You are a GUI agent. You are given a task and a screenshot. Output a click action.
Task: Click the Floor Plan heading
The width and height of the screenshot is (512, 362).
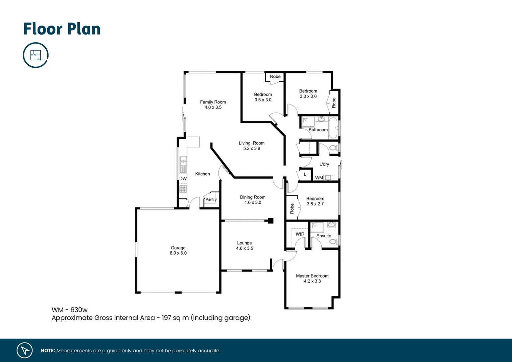(x=62, y=29)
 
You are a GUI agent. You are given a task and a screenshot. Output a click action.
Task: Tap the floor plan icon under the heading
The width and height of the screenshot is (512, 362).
(x=36, y=55)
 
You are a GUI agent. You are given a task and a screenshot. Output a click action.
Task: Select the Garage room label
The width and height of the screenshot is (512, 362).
(x=178, y=248)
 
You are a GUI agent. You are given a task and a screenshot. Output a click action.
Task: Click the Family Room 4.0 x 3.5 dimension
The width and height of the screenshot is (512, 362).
(x=213, y=107)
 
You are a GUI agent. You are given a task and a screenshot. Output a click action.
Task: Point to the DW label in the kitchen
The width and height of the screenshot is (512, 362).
(x=183, y=179)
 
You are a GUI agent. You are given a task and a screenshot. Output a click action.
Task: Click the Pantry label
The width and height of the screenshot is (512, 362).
(x=211, y=199)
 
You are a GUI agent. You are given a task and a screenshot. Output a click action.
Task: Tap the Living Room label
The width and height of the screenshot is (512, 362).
(x=252, y=143)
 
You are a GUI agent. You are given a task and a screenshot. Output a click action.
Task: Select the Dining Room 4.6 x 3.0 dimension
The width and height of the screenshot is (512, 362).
(x=253, y=202)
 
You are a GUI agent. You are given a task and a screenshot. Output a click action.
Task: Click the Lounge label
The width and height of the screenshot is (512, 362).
(x=244, y=243)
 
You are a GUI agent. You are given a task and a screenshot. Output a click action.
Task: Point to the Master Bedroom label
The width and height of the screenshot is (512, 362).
(x=312, y=276)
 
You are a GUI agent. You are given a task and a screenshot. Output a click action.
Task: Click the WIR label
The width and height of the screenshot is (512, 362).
(x=300, y=234)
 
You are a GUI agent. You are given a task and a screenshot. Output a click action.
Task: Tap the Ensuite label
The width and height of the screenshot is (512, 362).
(x=324, y=236)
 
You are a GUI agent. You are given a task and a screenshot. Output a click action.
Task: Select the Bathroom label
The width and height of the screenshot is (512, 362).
(x=318, y=130)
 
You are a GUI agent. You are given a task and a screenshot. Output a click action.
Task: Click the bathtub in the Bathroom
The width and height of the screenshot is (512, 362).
(x=333, y=128)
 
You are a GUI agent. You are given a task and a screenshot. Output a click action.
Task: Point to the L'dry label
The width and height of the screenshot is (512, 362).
(x=324, y=164)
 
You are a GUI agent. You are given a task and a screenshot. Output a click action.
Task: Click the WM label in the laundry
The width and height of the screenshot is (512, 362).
(x=319, y=178)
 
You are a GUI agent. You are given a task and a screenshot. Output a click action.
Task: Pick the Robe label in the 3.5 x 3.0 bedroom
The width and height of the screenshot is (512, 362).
(x=275, y=76)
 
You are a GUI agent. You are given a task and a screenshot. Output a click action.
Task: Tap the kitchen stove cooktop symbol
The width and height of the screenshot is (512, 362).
(x=183, y=189)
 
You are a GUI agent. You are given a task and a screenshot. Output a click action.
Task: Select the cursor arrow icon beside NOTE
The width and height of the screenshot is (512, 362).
(x=25, y=350)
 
